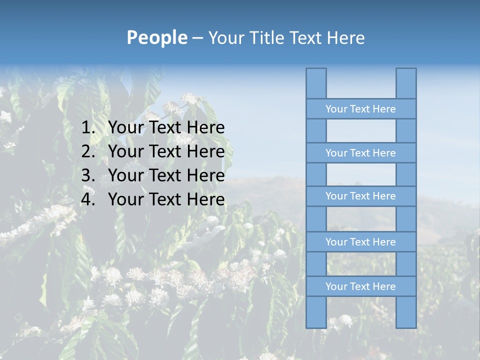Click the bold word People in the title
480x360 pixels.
(x=156, y=37)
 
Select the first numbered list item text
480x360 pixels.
(x=166, y=127)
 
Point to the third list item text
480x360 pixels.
(x=166, y=175)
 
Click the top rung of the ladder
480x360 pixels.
(x=360, y=109)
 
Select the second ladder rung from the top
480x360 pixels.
(x=360, y=153)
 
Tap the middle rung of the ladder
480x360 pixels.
(x=360, y=196)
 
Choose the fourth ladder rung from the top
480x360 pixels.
(x=360, y=242)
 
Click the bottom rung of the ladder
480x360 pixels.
(x=360, y=286)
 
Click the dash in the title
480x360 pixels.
(x=197, y=38)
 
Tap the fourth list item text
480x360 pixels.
(x=166, y=199)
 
